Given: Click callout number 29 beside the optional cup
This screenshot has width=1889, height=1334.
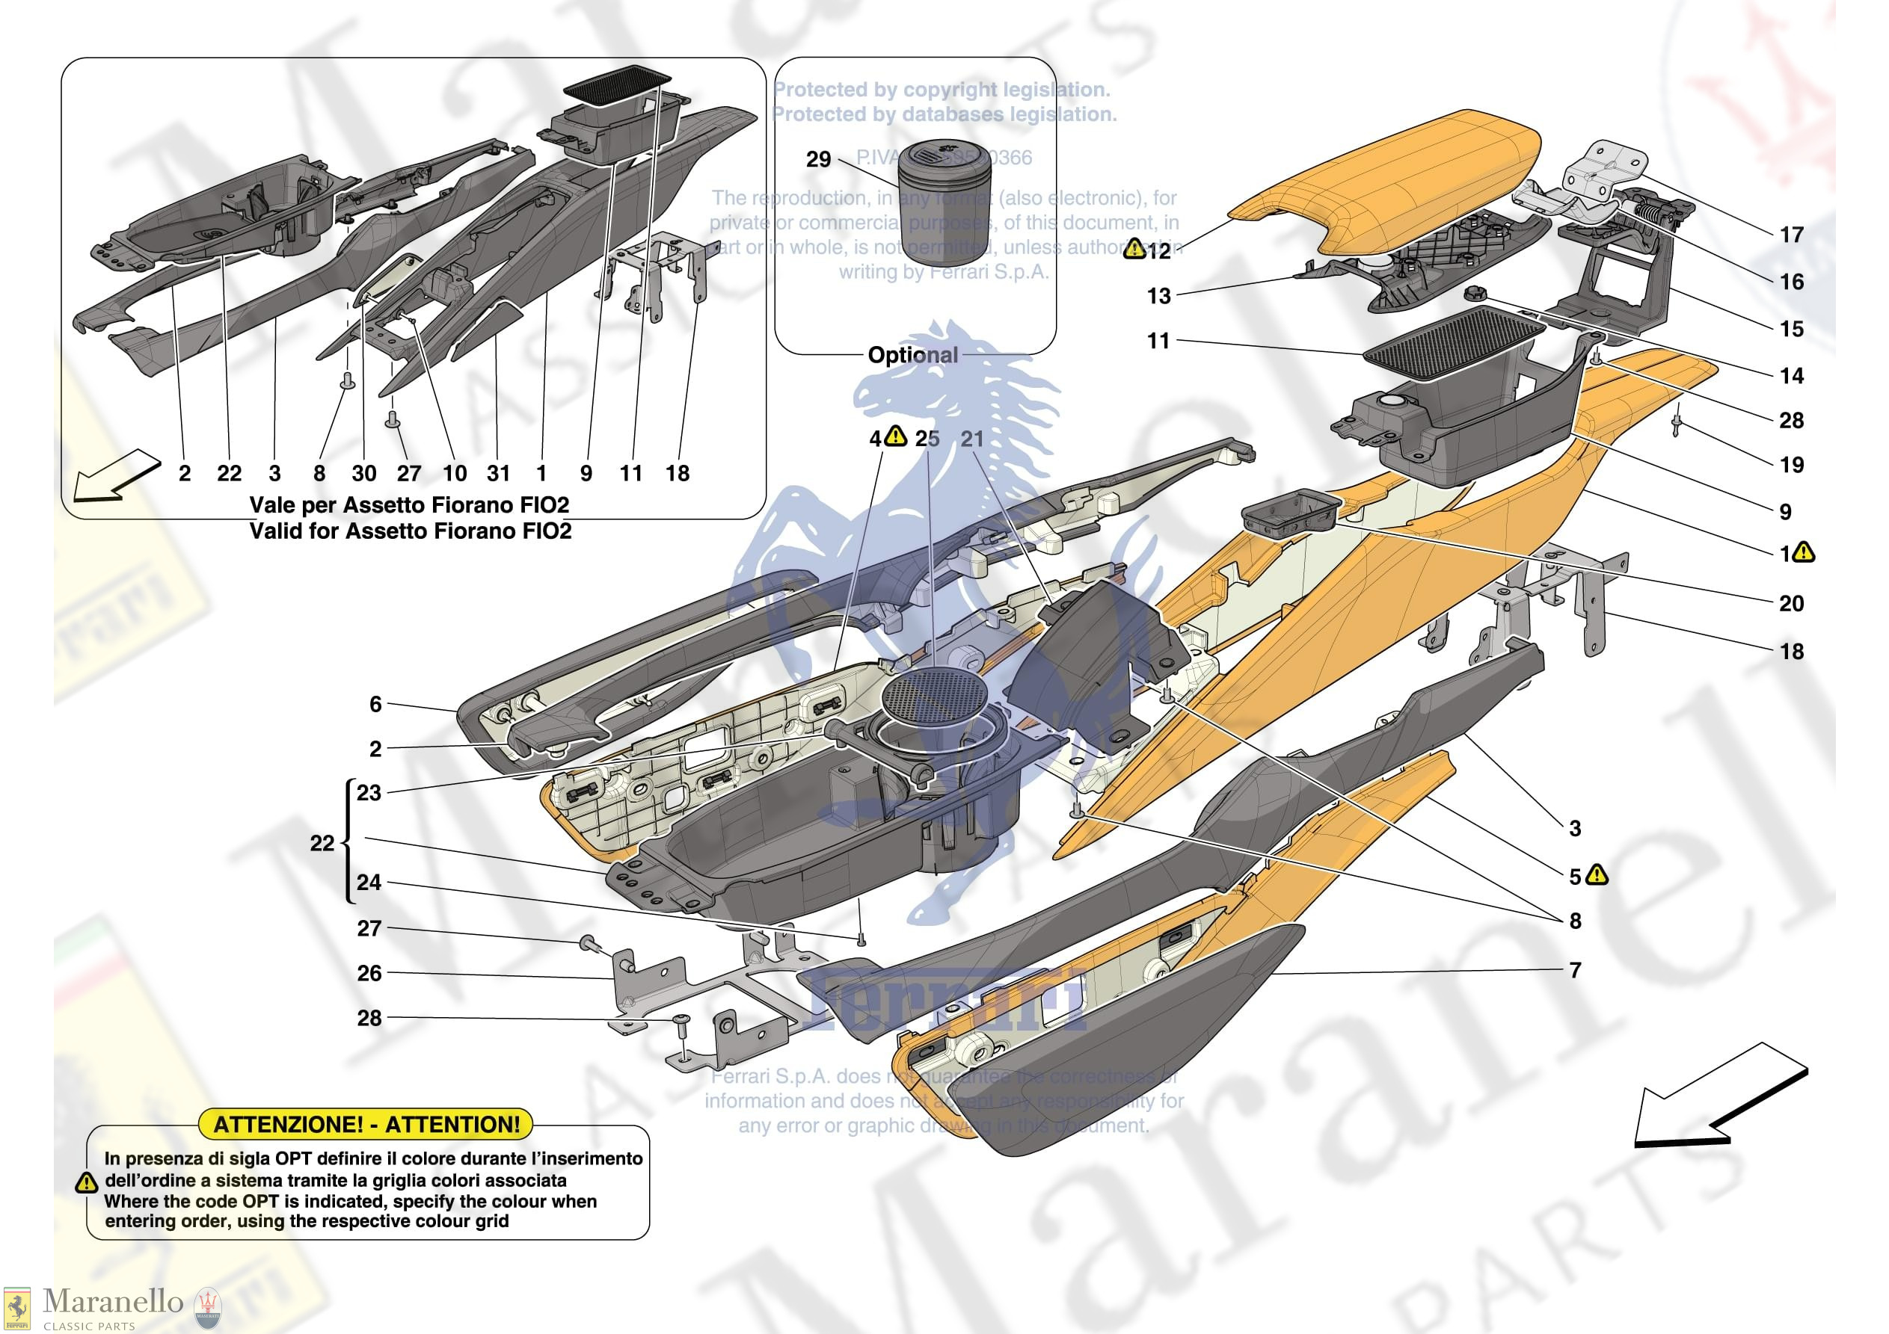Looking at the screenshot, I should [x=818, y=158].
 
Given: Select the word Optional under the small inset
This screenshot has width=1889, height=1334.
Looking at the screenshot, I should [x=912, y=355].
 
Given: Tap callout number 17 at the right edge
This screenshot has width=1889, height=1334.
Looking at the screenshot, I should [x=1791, y=235].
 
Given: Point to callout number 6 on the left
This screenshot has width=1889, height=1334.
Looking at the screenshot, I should [x=375, y=704].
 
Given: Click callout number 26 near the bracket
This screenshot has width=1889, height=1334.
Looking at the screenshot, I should [x=369, y=973].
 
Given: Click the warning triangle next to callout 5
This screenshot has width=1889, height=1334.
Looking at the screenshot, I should [x=1596, y=874].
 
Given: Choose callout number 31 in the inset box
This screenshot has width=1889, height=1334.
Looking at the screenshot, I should [x=499, y=474].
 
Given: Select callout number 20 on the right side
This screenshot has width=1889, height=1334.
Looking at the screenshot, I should [x=1791, y=604].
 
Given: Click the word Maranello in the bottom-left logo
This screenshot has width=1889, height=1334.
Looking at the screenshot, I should [x=113, y=1301].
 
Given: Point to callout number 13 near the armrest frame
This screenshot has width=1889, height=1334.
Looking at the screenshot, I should [x=1158, y=296].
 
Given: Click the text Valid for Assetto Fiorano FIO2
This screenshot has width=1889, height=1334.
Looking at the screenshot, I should [x=410, y=531].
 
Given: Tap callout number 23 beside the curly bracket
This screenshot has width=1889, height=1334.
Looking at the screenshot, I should [x=369, y=793].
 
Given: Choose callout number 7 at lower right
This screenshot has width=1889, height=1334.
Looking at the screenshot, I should [x=1575, y=971].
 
